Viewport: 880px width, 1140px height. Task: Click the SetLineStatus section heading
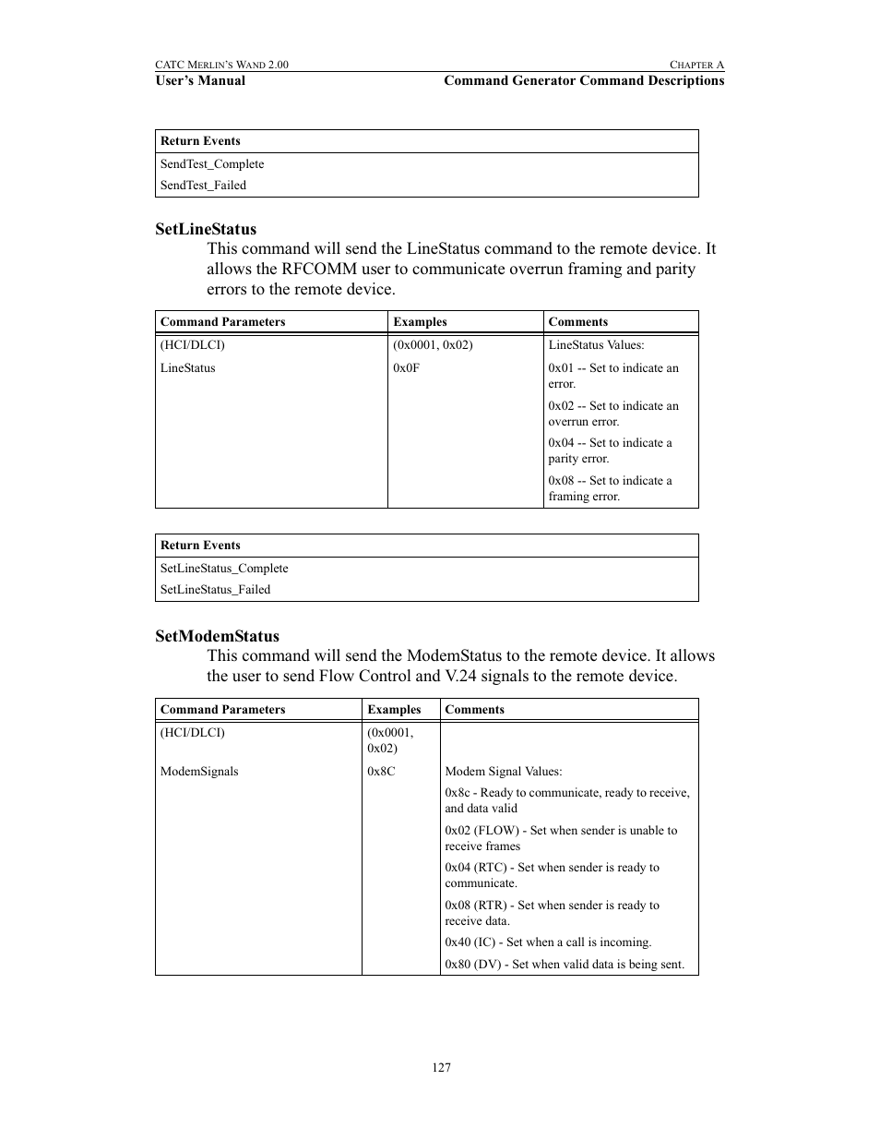(x=206, y=229)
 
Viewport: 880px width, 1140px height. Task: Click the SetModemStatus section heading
(x=217, y=636)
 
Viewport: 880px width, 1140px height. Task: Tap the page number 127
(x=441, y=1067)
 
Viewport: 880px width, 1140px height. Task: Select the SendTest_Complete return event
(x=212, y=164)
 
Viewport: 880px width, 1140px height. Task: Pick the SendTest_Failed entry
(x=203, y=186)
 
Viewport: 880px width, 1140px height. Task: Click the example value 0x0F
(x=406, y=368)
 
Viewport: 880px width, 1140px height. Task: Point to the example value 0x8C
(x=381, y=772)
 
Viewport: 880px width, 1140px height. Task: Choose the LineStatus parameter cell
(x=187, y=368)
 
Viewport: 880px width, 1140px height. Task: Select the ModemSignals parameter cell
(x=199, y=772)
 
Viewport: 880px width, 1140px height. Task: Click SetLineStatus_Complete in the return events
(x=224, y=569)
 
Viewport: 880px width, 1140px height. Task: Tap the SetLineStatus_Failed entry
(x=215, y=590)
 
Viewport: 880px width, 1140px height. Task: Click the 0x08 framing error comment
(x=610, y=488)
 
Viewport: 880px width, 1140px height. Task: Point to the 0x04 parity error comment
(x=610, y=450)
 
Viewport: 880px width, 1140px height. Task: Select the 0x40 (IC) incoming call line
(x=548, y=942)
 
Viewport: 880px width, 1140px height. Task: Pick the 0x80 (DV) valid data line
(x=564, y=965)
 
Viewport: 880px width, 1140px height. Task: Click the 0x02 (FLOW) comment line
(x=561, y=838)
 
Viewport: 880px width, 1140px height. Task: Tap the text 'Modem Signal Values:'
(x=503, y=772)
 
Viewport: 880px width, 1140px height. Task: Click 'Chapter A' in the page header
(x=696, y=65)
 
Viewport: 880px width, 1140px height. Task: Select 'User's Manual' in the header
(x=200, y=80)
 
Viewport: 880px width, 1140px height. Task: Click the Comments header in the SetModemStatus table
(x=474, y=710)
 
